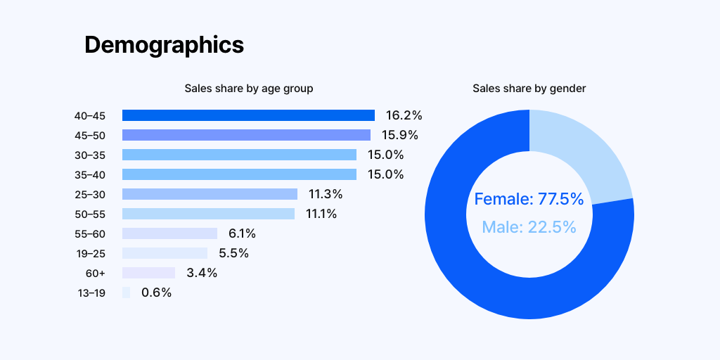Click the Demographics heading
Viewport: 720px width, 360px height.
[164, 46]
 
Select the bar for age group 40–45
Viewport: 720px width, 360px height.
[248, 115]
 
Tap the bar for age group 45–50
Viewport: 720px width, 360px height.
[246, 135]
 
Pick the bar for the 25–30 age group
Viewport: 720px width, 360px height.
[210, 194]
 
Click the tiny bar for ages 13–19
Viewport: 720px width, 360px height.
[127, 292]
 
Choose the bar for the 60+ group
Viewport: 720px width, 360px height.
[149, 273]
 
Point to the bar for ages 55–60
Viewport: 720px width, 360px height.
[170, 233]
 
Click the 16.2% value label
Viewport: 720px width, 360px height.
[404, 115]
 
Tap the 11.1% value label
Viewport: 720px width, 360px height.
[321, 214]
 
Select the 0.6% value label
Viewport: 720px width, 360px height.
[157, 292]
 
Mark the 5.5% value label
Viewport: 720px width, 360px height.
[233, 253]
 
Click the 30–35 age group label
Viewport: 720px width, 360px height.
[90, 155]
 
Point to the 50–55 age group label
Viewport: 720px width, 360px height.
[90, 214]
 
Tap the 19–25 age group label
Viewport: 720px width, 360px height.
[91, 253]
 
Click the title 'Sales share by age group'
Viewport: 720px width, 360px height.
[249, 88]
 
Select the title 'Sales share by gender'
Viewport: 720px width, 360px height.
[529, 88]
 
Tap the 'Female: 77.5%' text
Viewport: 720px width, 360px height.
[529, 199]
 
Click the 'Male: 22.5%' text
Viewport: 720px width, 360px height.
[529, 227]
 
